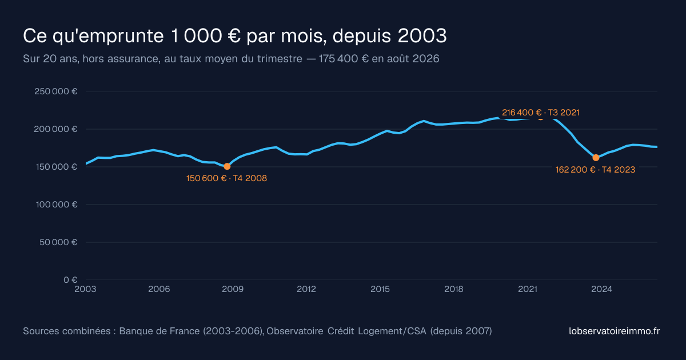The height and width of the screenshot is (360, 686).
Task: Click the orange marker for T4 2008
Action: (227, 166)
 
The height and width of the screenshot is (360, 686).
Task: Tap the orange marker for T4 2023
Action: (596, 158)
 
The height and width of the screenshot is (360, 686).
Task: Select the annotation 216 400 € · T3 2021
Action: (541, 113)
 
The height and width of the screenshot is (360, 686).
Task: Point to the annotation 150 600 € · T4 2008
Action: (226, 178)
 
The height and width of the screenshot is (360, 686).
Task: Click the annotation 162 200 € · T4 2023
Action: (595, 170)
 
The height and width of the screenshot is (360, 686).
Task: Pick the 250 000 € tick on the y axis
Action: (56, 91)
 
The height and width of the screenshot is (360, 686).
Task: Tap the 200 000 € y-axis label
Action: (56, 129)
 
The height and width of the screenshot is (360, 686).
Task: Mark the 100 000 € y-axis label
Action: (57, 204)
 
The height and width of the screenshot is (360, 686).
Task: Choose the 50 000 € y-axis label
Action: (58, 242)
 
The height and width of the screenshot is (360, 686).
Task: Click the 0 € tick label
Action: (70, 279)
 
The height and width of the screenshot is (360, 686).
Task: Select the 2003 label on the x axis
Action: (85, 289)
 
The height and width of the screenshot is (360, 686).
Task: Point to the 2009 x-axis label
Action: (233, 289)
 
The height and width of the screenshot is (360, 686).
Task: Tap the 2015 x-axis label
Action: (380, 289)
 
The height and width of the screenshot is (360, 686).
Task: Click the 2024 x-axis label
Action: (601, 289)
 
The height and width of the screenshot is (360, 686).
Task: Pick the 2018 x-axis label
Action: (454, 289)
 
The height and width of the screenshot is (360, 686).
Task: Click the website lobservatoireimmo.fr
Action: (615, 331)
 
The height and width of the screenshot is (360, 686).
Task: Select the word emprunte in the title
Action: (118, 37)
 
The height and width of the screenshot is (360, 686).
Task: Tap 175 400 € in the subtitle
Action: (344, 58)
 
